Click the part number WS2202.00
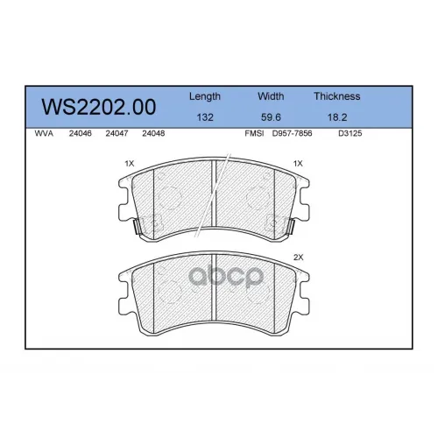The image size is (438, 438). [x=99, y=107]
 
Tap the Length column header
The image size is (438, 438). [x=205, y=96]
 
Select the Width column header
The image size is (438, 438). [x=271, y=96]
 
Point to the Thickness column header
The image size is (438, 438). [x=337, y=96]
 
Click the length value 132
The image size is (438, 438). [x=205, y=117]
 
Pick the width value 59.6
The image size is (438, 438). [x=271, y=117]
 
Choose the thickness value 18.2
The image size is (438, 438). [x=337, y=117]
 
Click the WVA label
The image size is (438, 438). [x=44, y=133]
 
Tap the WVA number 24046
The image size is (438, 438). [x=81, y=133]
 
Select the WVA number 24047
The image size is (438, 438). [x=117, y=133]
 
